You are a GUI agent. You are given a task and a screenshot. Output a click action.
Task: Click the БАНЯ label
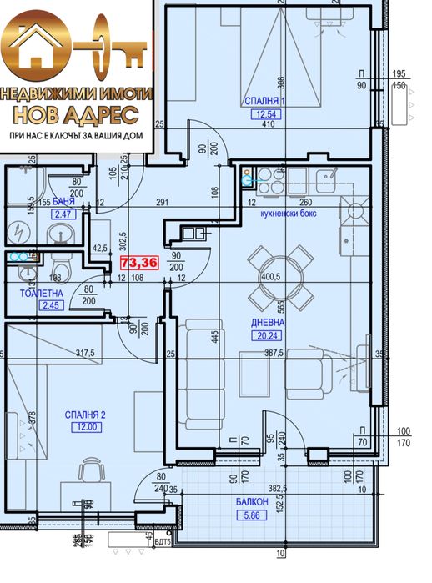click(x=63, y=202)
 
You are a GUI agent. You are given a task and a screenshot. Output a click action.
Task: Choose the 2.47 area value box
click(x=63, y=214)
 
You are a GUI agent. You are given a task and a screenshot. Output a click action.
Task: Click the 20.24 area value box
click(x=269, y=336)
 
